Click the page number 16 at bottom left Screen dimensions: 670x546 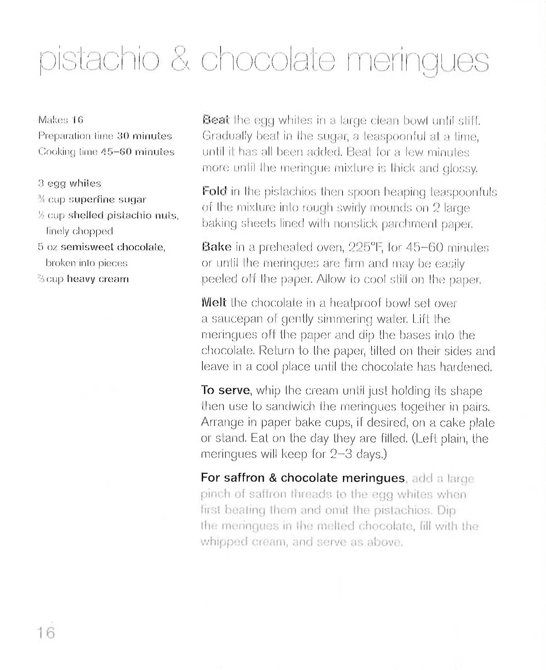(46, 633)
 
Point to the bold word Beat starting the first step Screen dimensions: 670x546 (215, 120)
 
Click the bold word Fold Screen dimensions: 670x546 (214, 191)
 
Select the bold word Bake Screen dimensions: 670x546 (216, 247)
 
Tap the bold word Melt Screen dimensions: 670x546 (214, 302)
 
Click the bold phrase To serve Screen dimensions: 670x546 (225, 390)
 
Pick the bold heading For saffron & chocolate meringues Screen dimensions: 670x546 (302, 477)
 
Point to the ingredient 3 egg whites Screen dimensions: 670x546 (69, 183)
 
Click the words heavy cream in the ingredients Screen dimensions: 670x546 (98, 279)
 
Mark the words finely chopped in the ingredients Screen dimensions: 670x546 (79, 231)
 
